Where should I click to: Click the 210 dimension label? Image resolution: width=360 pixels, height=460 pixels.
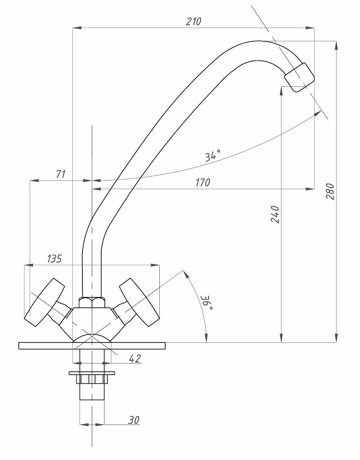[193, 21]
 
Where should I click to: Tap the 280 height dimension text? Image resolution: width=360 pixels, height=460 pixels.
[330, 191]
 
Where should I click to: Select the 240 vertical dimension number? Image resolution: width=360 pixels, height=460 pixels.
[275, 214]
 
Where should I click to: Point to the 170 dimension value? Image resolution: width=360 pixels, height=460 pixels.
[203, 183]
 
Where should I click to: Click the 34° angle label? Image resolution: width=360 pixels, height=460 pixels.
[213, 156]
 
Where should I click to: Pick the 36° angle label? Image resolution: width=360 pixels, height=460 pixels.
[207, 303]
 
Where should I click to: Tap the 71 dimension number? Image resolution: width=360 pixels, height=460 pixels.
[61, 174]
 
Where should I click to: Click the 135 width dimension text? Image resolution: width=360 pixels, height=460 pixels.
[54, 259]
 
